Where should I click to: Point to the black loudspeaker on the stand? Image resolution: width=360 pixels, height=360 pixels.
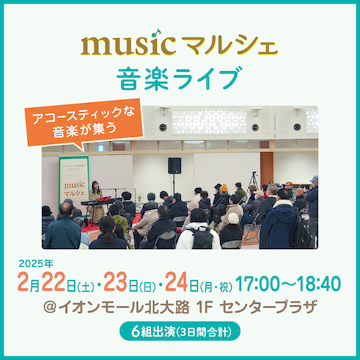pyautogui.click(x=174, y=165)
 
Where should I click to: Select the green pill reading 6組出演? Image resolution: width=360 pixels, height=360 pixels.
pyautogui.click(x=179, y=333)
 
